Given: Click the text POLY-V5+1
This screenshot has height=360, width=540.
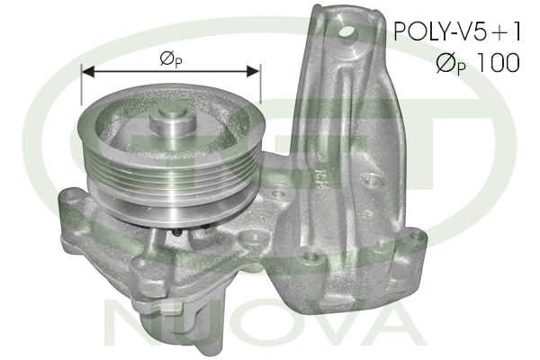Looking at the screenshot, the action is (x=457, y=31).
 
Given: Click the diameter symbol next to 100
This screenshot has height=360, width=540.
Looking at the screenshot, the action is (x=445, y=62).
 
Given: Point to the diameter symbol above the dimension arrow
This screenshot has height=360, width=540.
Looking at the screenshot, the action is (x=166, y=58).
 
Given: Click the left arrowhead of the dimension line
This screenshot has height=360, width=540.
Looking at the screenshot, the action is (x=88, y=72).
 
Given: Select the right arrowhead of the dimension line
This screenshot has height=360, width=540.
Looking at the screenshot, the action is (x=254, y=71).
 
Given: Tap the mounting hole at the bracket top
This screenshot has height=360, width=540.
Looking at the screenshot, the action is (x=347, y=34).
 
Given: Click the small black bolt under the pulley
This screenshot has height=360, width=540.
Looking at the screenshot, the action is (x=177, y=233).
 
